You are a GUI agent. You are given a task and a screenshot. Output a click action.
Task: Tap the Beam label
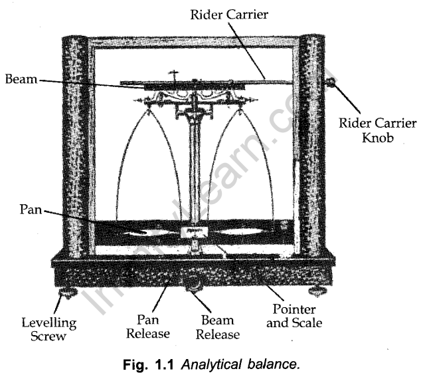[21, 79]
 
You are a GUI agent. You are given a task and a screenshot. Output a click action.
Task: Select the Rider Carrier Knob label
[377, 132]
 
